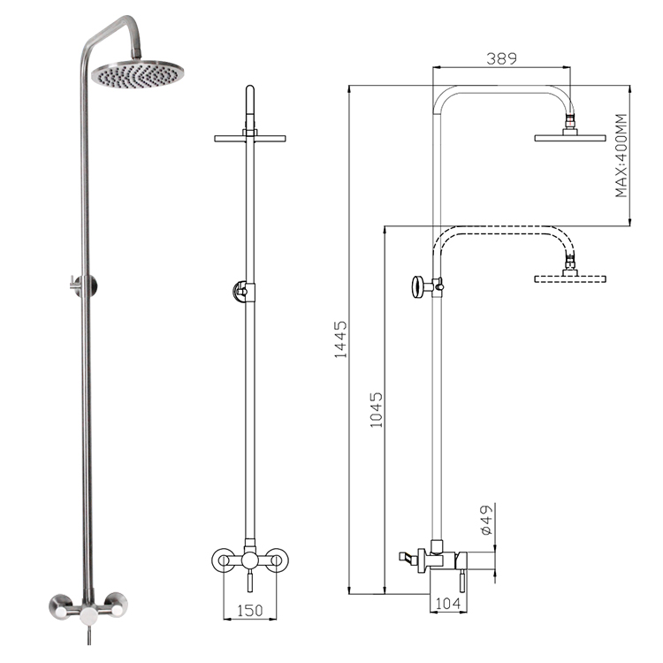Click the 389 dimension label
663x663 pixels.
point(501,58)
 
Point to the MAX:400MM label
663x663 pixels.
point(622,156)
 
